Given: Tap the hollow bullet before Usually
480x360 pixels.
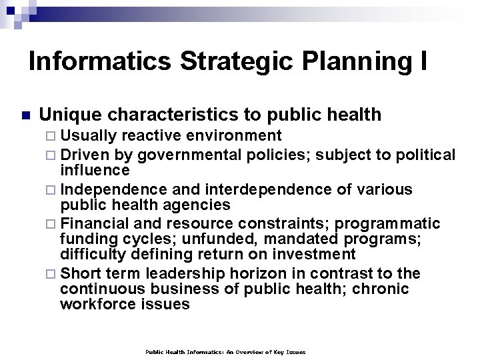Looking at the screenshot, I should point(53,137).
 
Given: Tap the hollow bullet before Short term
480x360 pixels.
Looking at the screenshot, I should point(53,274).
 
